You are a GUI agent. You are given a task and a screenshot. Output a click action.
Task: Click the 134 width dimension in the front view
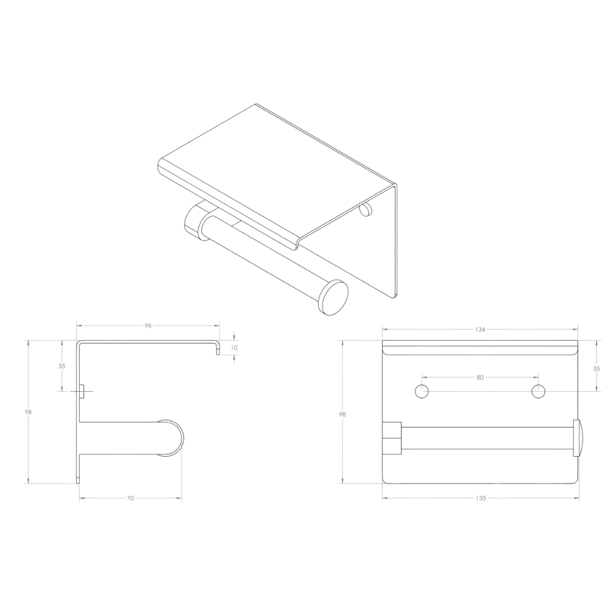pyautogui.click(x=480, y=330)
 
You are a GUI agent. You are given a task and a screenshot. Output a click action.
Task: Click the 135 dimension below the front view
pyautogui.click(x=481, y=498)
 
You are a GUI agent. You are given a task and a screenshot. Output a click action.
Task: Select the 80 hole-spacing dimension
pyautogui.click(x=480, y=377)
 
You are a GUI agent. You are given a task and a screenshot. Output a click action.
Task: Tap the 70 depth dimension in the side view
pyautogui.click(x=131, y=498)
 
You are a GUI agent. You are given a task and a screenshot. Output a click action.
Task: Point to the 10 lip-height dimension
pyautogui.click(x=234, y=348)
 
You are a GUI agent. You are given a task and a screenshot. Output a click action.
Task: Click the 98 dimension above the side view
pyautogui.click(x=148, y=326)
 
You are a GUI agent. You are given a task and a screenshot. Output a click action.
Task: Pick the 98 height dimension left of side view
pyautogui.click(x=28, y=412)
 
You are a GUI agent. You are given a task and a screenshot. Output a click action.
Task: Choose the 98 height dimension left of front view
pyautogui.click(x=343, y=414)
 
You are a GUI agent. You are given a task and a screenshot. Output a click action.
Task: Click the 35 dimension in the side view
pyautogui.click(x=62, y=367)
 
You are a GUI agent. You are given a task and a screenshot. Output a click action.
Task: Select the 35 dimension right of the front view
pyautogui.click(x=596, y=368)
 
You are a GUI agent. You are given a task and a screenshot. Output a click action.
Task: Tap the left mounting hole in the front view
pyautogui.click(x=422, y=391)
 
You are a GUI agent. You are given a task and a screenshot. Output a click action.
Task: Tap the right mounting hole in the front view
pyautogui.click(x=539, y=391)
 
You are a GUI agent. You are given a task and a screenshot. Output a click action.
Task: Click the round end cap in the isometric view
pyautogui.click(x=333, y=297)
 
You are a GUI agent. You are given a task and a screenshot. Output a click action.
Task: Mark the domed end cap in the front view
pyautogui.click(x=578, y=438)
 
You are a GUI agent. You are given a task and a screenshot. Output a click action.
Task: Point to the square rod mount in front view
pyautogui.click(x=392, y=438)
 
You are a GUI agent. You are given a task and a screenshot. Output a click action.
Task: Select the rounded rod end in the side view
pyautogui.click(x=170, y=438)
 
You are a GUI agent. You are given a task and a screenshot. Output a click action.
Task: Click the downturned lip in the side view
pyautogui.click(x=218, y=348)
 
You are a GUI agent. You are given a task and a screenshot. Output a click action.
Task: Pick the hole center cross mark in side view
pyautogui.click(x=82, y=391)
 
